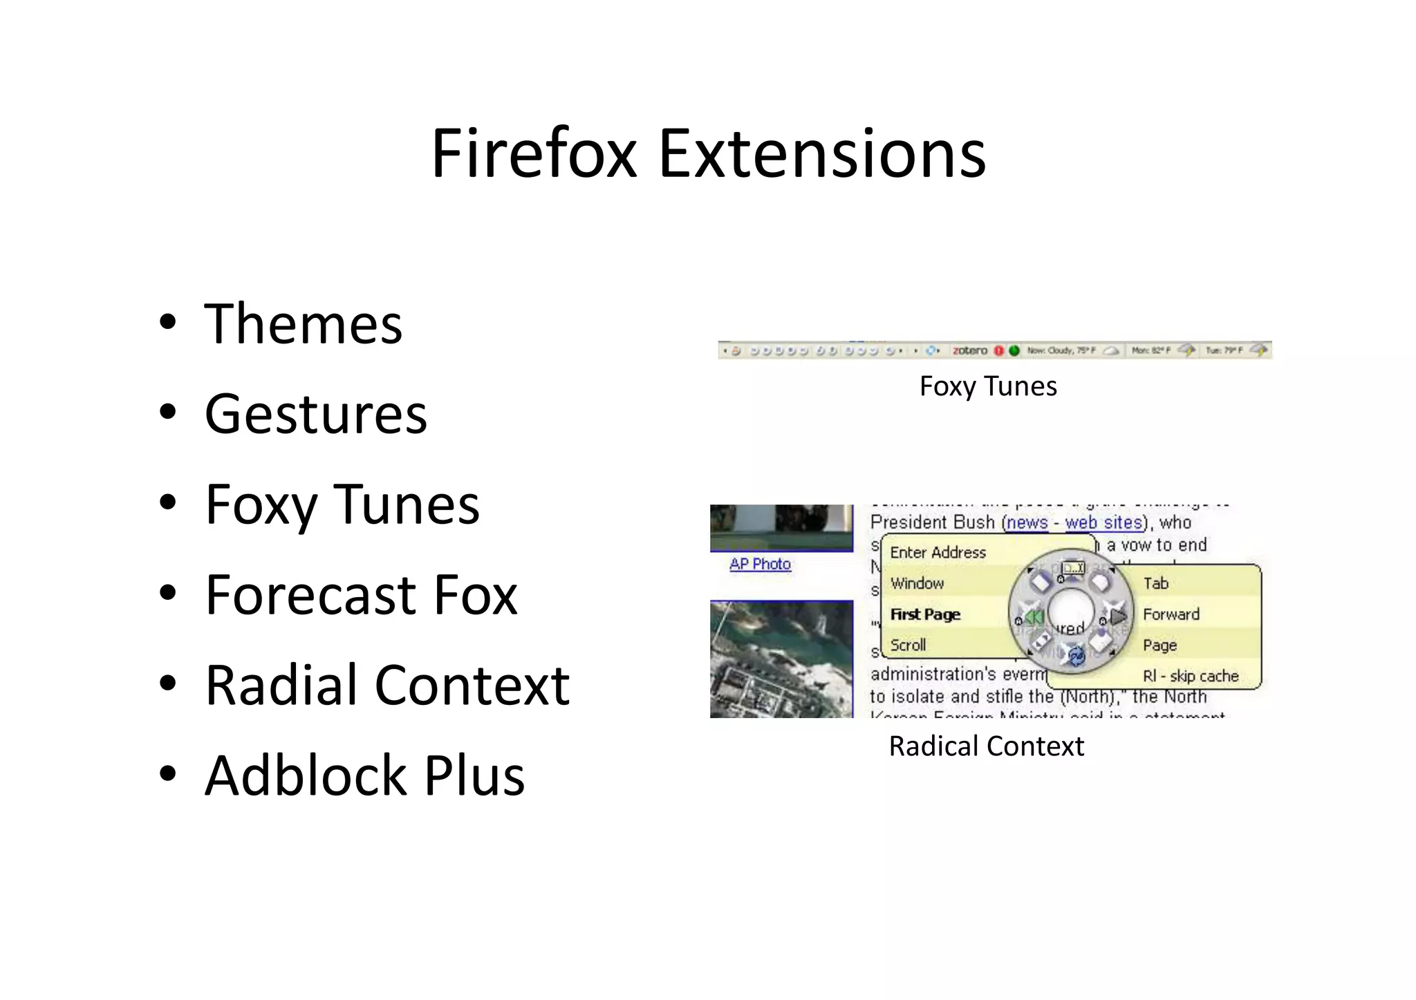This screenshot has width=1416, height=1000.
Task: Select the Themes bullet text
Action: coord(303,324)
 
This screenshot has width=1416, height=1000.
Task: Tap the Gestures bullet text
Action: coord(316,414)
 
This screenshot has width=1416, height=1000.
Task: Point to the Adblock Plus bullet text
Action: coord(364,775)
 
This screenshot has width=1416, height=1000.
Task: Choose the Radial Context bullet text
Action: coord(387,685)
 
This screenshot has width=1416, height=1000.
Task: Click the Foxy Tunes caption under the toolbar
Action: coord(987,386)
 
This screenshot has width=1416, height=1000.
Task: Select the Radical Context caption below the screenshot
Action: coord(986,746)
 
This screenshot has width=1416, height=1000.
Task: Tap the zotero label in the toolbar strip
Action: coord(969,350)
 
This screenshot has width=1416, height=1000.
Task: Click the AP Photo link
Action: coord(760,564)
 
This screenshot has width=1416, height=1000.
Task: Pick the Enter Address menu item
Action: coord(938,552)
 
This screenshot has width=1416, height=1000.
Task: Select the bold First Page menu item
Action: coord(925,614)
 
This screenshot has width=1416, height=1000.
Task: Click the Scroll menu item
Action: coord(908,645)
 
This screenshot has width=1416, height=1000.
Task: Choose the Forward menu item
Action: coord(1171,614)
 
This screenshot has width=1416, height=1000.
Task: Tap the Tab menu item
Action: coord(1155,583)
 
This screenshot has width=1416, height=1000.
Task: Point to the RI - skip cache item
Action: coord(1190,676)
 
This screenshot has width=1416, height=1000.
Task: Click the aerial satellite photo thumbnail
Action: coord(781,659)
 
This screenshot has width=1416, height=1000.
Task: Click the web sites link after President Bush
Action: coord(1103,522)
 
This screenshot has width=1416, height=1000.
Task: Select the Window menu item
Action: coord(917,583)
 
